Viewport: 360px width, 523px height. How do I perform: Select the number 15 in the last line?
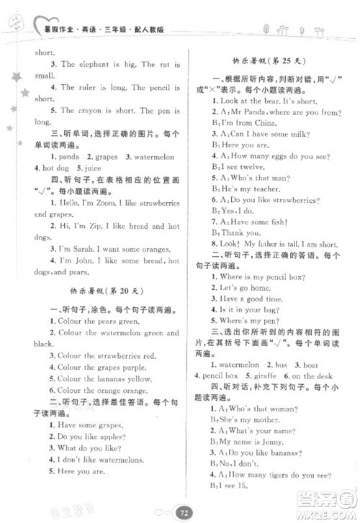[x=243, y=486]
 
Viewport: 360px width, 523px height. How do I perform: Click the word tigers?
[x=278, y=474]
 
